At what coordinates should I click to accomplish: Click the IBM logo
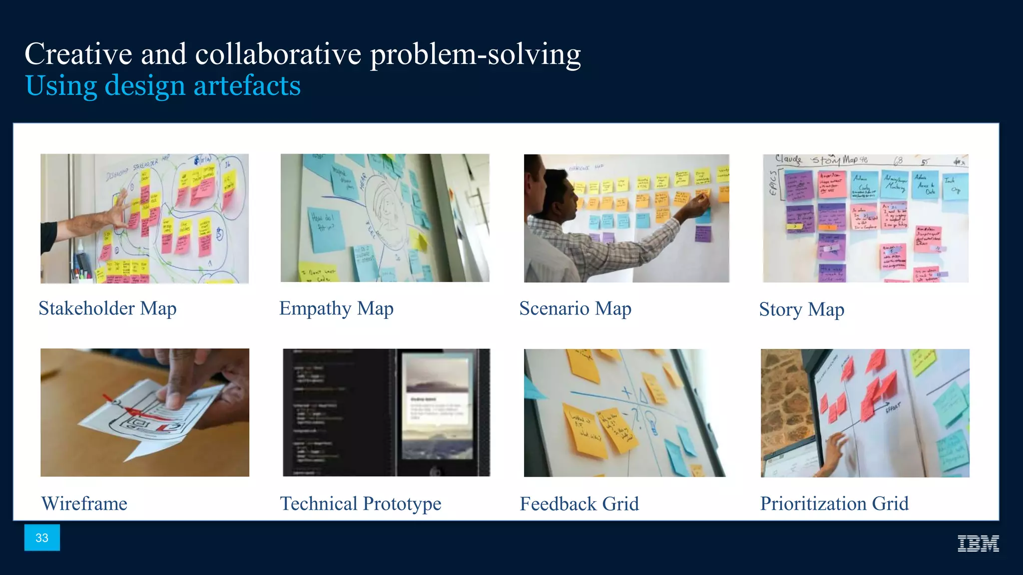tap(978, 543)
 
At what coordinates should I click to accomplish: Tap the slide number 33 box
tap(42, 538)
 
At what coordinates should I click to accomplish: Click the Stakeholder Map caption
tap(107, 308)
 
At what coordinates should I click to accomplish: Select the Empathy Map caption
tap(336, 308)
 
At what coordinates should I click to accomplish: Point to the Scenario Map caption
tap(575, 308)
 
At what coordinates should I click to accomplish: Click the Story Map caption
tap(801, 309)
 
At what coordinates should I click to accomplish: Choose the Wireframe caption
tap(84, 504)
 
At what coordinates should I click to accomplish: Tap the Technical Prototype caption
tap(360, 504)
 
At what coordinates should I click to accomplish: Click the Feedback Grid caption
tap(579, 504)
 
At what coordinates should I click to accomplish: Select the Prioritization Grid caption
tap(834, 504)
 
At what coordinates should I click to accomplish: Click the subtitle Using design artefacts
tap(163, 85)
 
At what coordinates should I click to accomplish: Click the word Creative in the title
tap(78, 54)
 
